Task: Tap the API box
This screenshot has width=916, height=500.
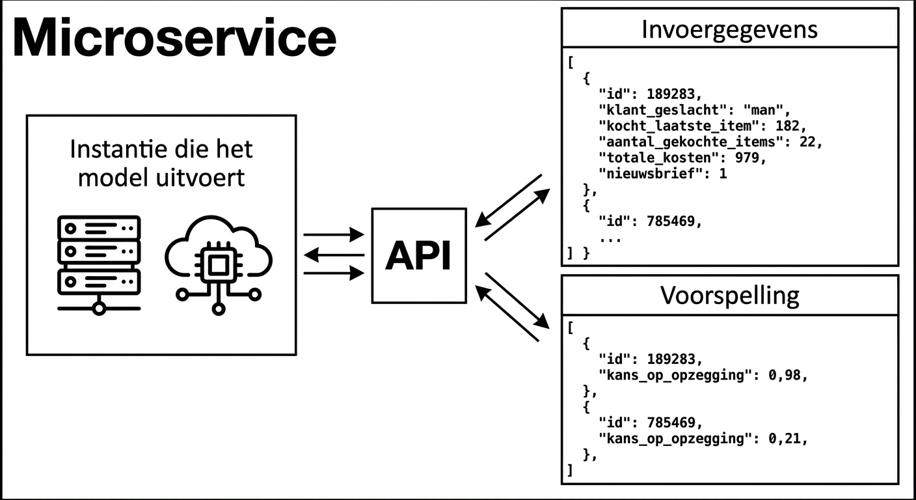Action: point(418,256)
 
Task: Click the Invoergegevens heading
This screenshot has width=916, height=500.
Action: point(729,29)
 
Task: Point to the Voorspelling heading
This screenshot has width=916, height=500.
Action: point(729,295)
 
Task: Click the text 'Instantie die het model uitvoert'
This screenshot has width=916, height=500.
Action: point(161,163)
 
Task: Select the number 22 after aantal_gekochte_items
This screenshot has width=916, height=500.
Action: point(807,141)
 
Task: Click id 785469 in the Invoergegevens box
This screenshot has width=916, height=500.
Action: point(675,222)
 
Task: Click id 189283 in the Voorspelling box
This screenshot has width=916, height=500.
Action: point(675,359)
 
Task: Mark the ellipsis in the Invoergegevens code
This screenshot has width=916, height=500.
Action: point(610,238)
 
